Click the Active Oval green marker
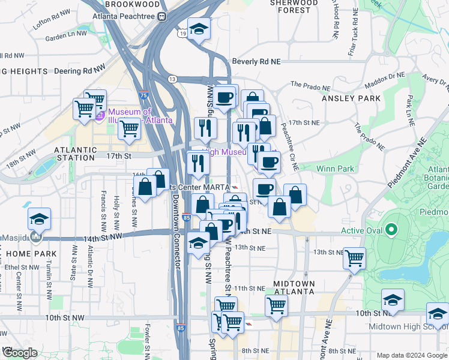click(x=391, y=230)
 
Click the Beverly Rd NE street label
click(x=256, y=61)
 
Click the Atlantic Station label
click(x=75, y=149)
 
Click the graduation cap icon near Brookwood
click(x=198, y=29)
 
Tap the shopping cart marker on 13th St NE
click(x=354, y=258)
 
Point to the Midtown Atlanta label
click(x=294, y=287)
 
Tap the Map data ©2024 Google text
click(x=412, y=355)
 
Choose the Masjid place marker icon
click(x=36, y=238)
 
